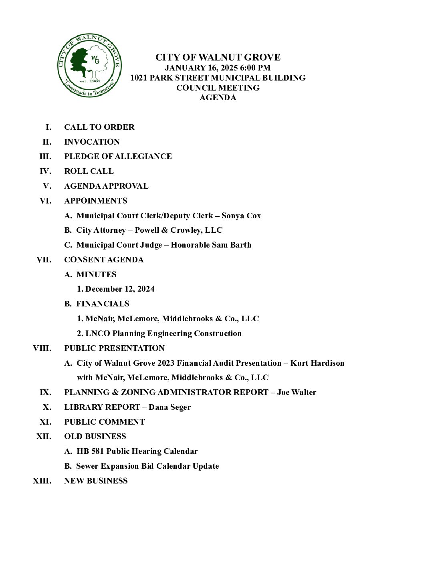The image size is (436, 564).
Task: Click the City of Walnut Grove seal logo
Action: (89, 66)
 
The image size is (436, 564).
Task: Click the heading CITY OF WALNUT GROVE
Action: (218, 57)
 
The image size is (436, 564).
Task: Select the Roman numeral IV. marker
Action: (45, 171)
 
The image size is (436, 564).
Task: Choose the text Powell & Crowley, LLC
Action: (178, 230)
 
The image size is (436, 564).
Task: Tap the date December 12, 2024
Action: (119, 289)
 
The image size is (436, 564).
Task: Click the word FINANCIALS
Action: (103, 304)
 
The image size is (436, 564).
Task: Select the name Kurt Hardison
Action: (317, 363)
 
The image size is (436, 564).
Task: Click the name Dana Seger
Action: (170, 407)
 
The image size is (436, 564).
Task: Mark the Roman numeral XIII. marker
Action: (42, 481)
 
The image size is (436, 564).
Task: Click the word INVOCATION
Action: (92, 142)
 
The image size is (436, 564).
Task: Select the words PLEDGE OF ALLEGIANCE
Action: (118, 156)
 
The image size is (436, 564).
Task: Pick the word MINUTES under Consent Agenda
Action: (96, 274)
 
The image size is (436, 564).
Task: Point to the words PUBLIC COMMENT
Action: (104, 422)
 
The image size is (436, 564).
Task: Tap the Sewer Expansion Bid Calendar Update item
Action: (147, 466)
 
